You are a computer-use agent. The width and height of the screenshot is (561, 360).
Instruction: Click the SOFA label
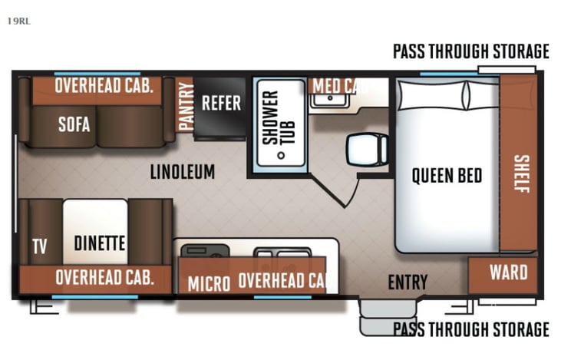tap(74, 124)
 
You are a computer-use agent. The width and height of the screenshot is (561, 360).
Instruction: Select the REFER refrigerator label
tap(221, 103)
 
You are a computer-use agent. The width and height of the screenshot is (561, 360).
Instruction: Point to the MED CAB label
tap(335, 85)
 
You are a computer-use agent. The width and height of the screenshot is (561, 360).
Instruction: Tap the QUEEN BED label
tap(447, 175)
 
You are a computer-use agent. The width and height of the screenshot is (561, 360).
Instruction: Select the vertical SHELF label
tap(521, 175)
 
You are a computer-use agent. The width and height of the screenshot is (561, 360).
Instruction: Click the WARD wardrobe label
tap(508, 272)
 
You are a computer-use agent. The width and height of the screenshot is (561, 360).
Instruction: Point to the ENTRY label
tap(407, 282)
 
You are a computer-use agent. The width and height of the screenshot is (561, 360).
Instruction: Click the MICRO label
tap(209, 283)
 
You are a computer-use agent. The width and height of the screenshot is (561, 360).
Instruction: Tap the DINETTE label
tap(100, 243)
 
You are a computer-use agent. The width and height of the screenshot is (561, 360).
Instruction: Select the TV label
tap(39, 246)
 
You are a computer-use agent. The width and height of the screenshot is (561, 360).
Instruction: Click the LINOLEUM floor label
tap(183, 171)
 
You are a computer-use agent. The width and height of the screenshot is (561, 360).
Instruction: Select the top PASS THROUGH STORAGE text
tap(470, 51)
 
